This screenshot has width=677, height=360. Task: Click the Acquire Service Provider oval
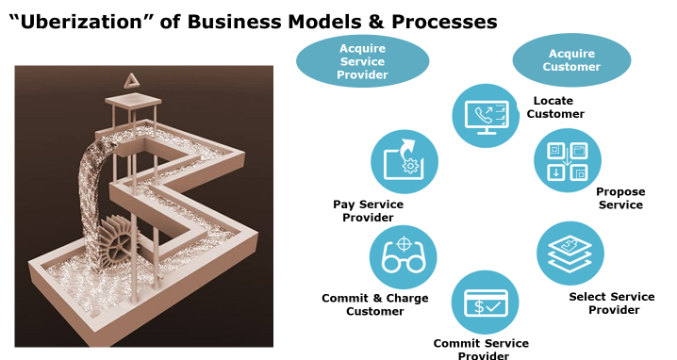(362, 61)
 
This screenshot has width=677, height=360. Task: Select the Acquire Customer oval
(571, 60)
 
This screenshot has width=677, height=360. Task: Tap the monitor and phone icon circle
(486, 116)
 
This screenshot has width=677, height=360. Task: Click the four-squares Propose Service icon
(568, 161)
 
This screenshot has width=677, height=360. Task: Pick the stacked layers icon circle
(570, 254)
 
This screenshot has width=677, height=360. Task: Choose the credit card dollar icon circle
(486, 303)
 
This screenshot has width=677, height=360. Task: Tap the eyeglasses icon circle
(404, 257)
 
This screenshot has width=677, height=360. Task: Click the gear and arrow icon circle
(405, 162)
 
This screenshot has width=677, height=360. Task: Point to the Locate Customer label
(555, 107)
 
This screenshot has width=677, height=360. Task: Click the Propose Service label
(620, 198)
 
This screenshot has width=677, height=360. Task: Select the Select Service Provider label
(612, 303)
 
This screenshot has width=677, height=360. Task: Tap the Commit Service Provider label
(482, 350)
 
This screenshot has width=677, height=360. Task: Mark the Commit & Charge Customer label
(375, 304)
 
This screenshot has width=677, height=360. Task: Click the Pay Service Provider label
(369, 211)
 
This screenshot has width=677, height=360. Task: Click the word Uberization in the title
(81, 21)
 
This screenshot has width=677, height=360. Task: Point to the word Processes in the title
(444, 21)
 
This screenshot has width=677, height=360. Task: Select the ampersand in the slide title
(376, 21)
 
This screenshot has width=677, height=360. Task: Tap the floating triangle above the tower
(130, 81)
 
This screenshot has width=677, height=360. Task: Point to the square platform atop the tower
(133, 102)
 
